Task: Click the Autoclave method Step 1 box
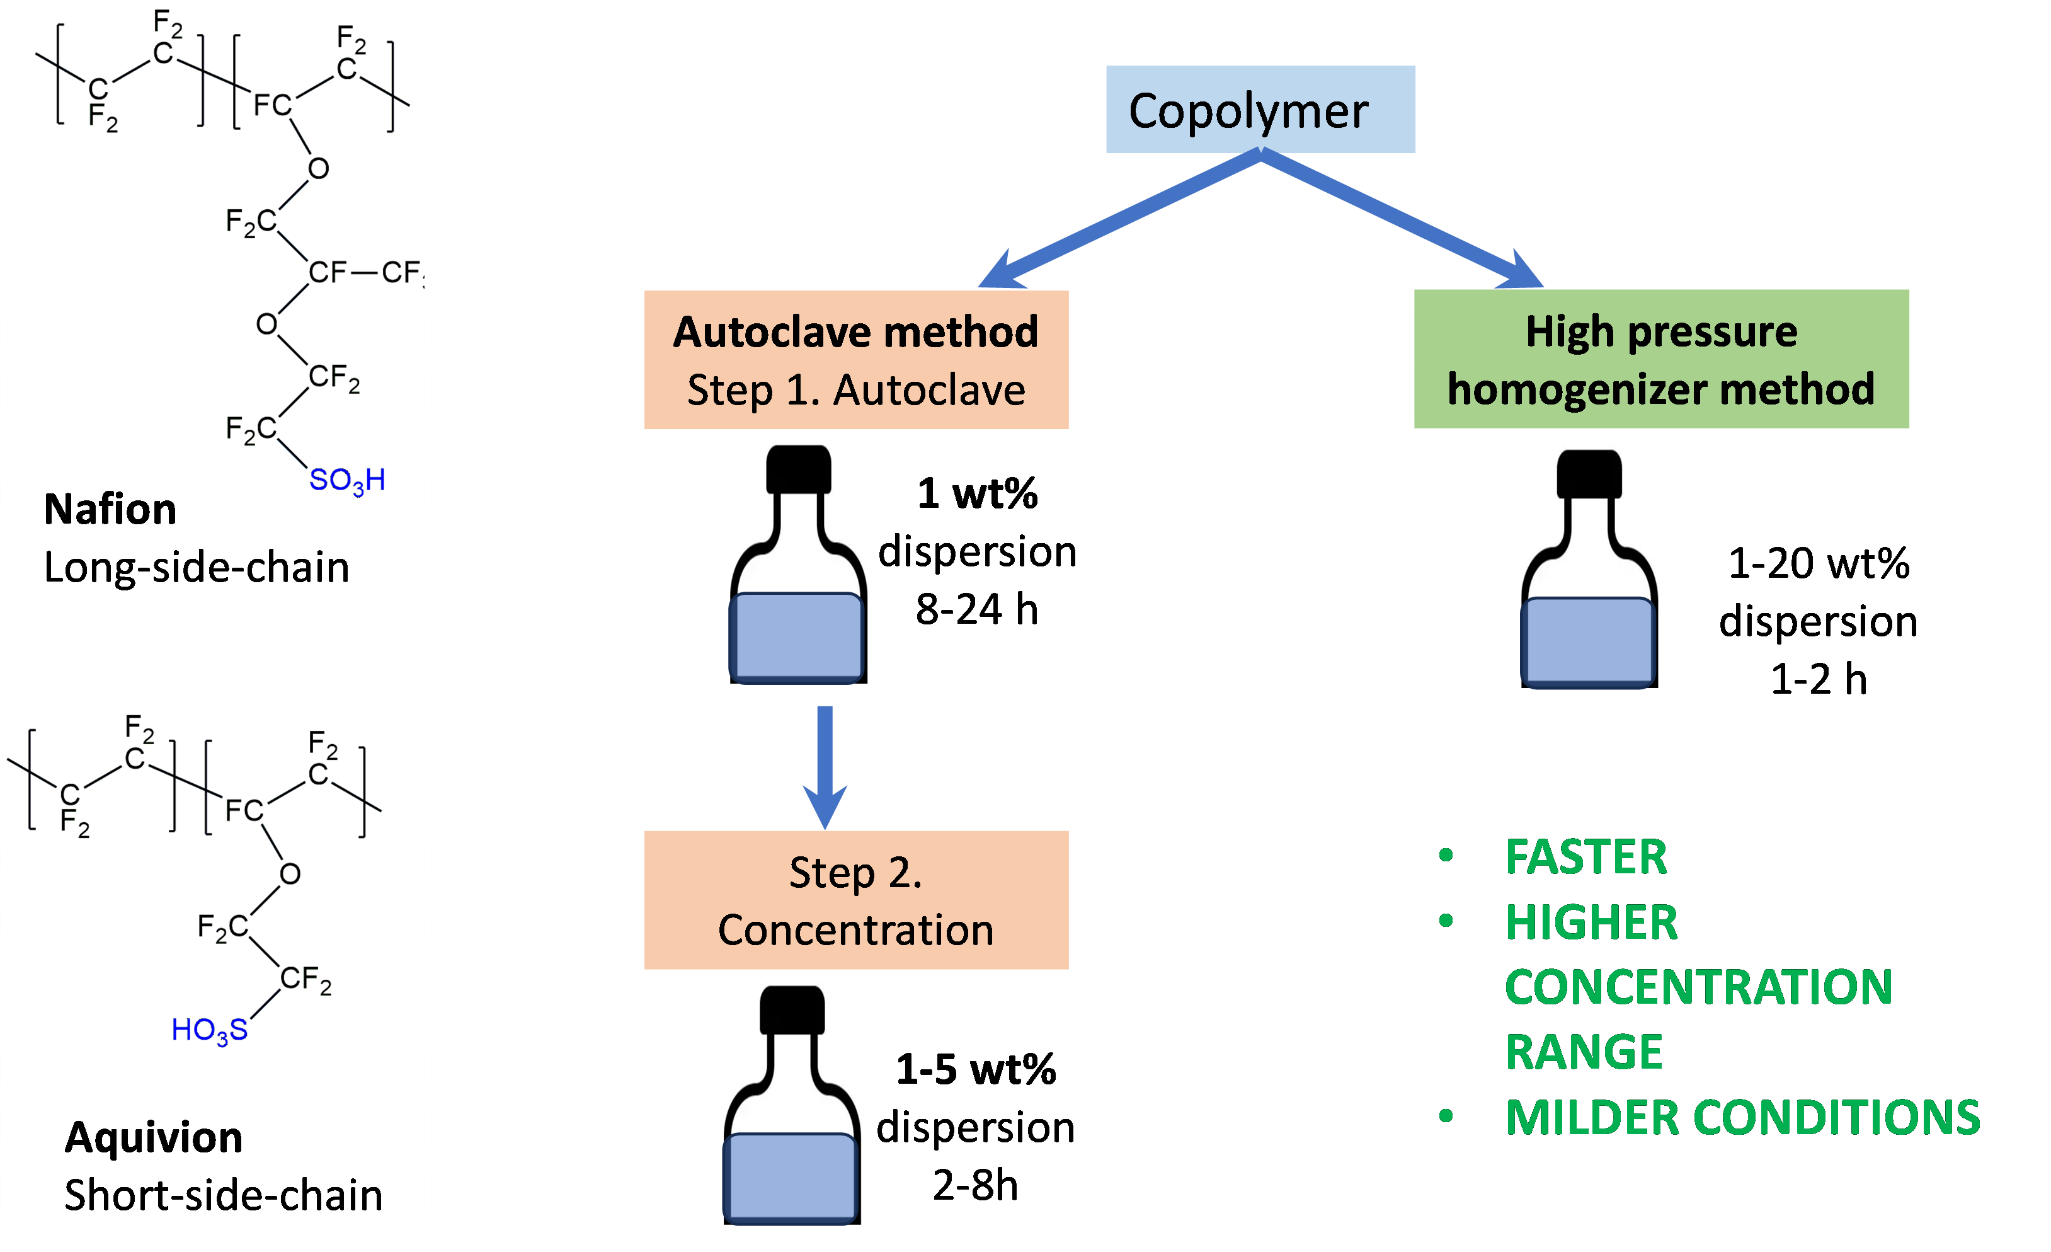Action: point(855,360)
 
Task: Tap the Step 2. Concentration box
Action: point(855,900)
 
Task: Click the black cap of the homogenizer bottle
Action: point(1589,473)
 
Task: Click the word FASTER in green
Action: point(1585,858)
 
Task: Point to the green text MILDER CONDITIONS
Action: point(1742,1117)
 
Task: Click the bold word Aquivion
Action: point(154,1137)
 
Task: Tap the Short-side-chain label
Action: point(223,1195)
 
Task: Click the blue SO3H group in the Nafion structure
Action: point(347,480)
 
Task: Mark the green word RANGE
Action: point(1583,1052)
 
